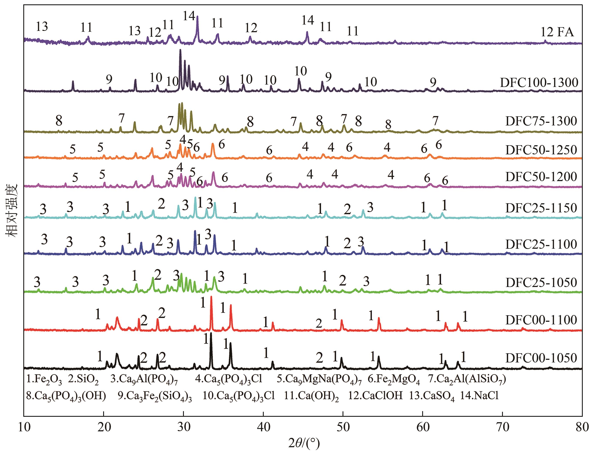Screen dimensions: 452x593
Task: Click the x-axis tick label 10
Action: click(x=24, y=427)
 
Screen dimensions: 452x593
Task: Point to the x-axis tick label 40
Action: click(x=263, y=427)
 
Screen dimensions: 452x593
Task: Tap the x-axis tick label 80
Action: click(x=582, y=427)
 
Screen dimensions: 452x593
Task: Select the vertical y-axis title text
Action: click(x=11, y=210)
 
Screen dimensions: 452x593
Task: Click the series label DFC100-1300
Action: click(x=539, y=83)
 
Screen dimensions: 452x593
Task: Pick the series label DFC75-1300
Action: click(x=541, y=121)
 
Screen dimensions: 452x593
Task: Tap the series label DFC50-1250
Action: click(x=541, y=150)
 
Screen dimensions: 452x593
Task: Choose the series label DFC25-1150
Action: click(x=541, y=208)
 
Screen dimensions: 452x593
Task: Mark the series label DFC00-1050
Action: click(x=541, y=358)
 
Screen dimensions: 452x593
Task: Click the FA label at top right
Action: click(x=565, y=32)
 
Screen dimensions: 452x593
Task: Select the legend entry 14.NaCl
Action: click(x=479, y=395)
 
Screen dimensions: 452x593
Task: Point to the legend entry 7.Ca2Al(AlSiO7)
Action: click(x=467, y=380)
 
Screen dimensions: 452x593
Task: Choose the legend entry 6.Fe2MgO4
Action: click(x=394, y=380)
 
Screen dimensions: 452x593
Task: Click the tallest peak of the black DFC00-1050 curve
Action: click(x=211, y=334)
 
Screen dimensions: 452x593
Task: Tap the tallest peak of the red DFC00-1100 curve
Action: click(x=211, y=297)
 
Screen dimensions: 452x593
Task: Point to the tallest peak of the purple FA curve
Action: click(x=197, y=17)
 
